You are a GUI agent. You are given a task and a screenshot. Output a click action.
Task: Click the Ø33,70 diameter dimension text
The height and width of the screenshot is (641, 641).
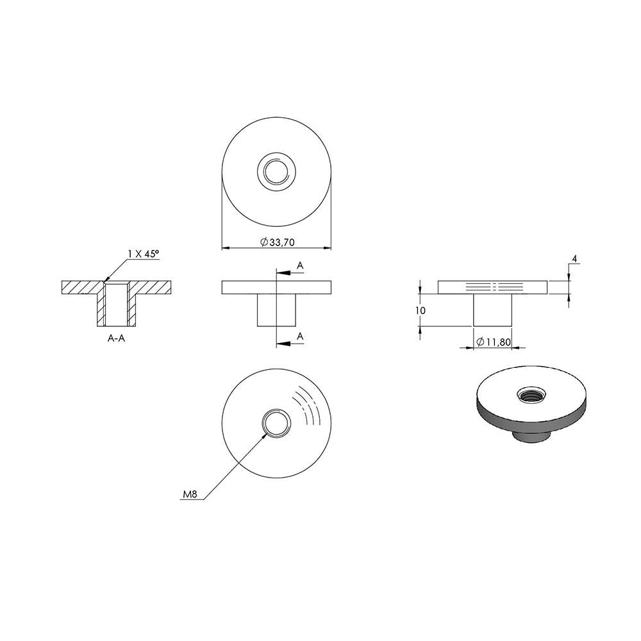click(x=277, y=242)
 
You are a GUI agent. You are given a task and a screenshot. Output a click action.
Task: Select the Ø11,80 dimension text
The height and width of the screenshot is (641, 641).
click(x=494, y=342)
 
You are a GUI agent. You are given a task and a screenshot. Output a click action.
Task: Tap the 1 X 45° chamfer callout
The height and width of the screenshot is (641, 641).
click(x=143, y=254)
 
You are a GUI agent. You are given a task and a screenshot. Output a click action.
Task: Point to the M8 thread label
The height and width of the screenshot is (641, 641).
click(x=190, y=494)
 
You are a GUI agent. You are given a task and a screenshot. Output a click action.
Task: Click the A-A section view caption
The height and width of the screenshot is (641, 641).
click(x=116, y=338)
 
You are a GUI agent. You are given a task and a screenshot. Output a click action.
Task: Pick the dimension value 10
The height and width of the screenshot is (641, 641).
click(x=420, y=311)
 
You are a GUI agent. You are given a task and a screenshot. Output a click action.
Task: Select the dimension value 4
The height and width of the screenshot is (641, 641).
click(x=574, y=259)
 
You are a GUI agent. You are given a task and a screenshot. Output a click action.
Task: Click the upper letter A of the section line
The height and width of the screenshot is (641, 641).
click(x=300, y=266)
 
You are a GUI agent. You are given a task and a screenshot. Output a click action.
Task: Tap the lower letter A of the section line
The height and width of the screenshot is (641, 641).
click(x=300, y=337)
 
